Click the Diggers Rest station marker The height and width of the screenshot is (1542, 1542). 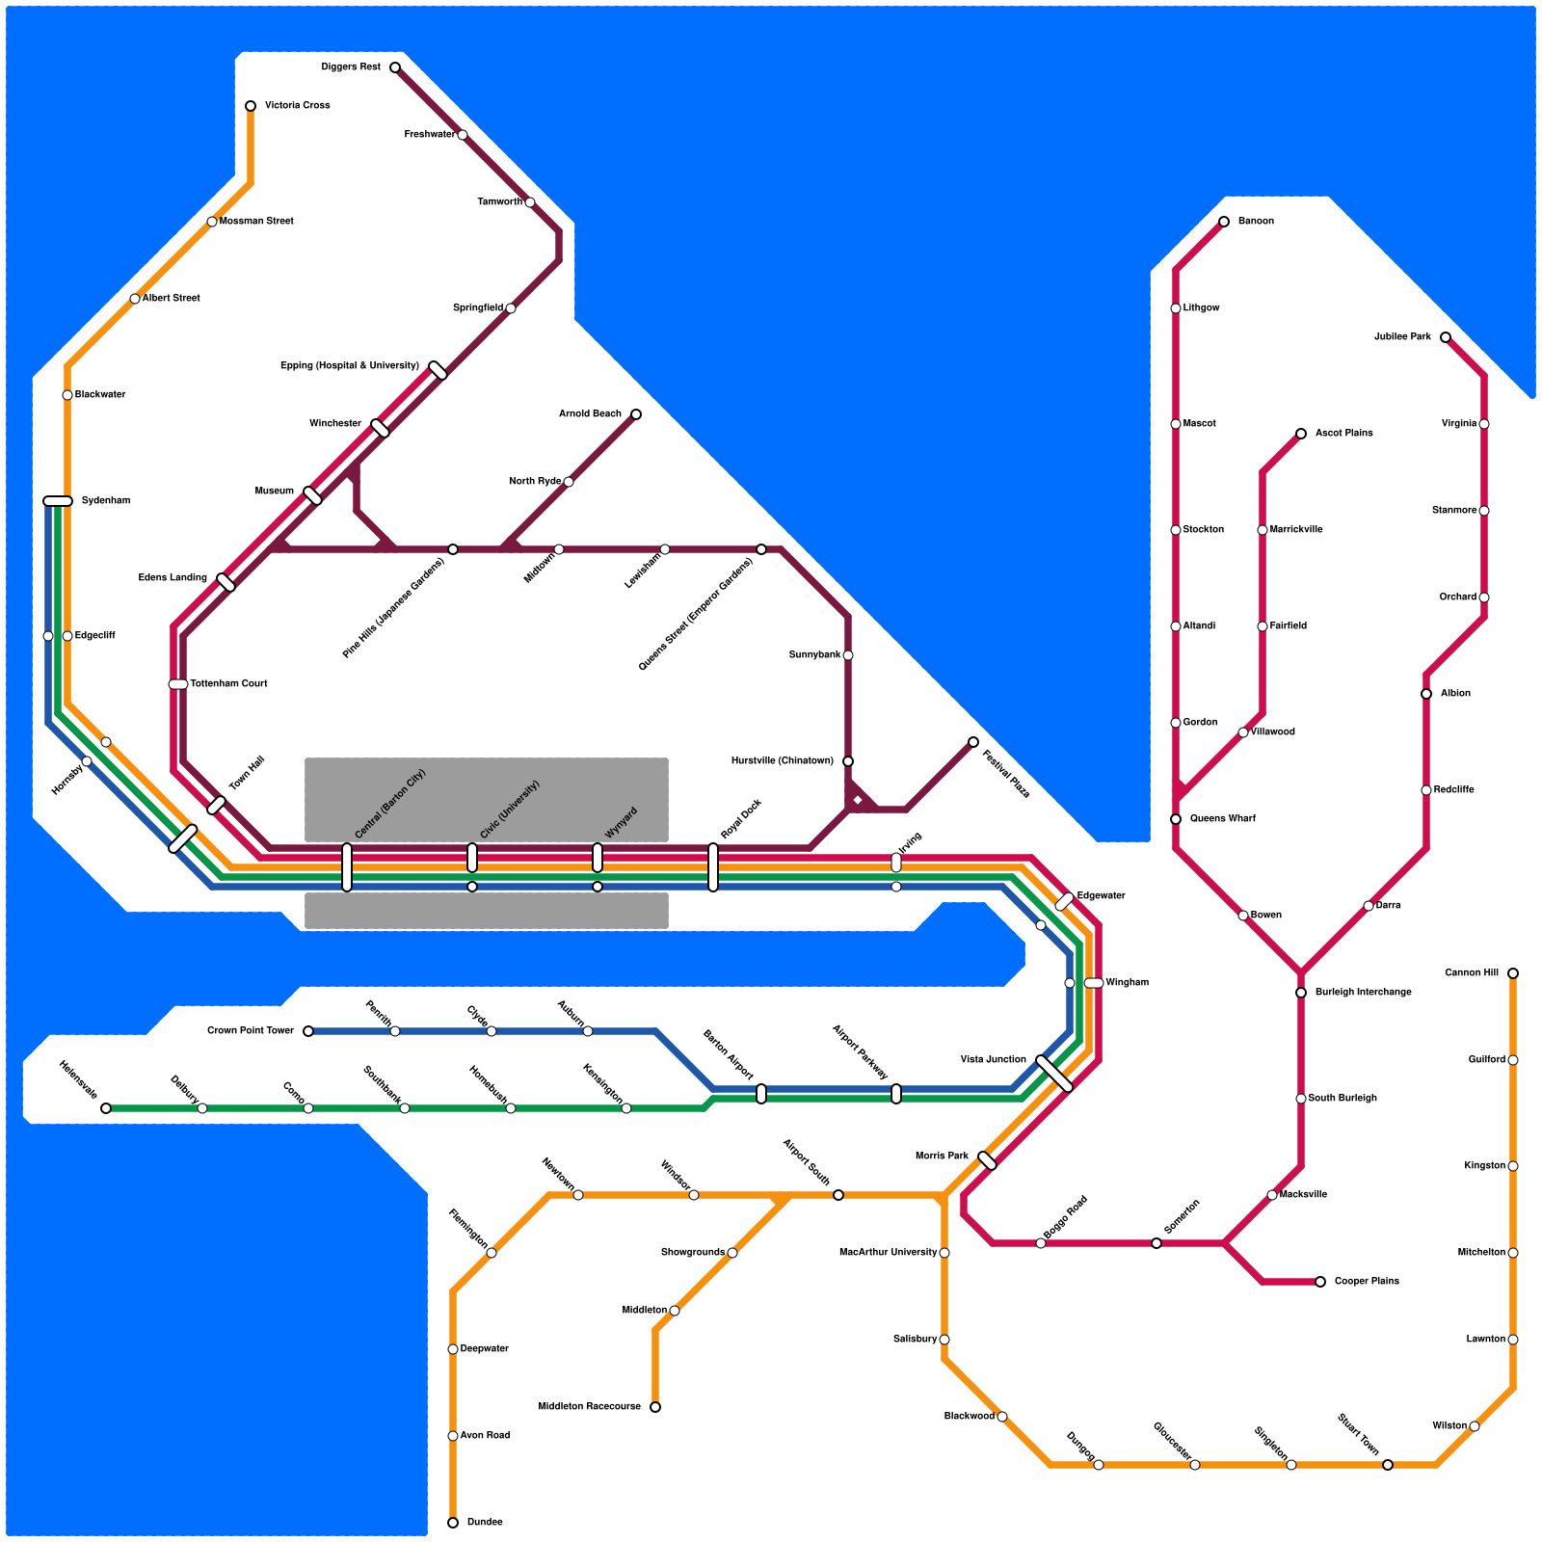click(x=395, y=67)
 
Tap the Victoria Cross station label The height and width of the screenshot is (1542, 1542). click(x=297, y=106)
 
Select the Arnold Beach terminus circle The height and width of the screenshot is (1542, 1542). click(x=636, y=414)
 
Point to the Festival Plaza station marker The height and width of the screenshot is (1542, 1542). click(x=973, y=742)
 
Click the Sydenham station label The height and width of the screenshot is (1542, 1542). click(x=105, y=501)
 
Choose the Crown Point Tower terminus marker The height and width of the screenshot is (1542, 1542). click(x=308, y=1031)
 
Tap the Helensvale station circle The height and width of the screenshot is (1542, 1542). click(x=106, y=1108)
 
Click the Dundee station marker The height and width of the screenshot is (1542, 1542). click(x=453, y=1523)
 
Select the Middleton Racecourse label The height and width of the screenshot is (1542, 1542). click(x=589, y=1407)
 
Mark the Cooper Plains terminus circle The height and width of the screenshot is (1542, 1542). click(x=1320, y=1282)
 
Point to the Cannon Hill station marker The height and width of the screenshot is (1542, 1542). click(x=1513, y=973)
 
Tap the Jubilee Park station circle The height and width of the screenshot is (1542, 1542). click(x=1446, y=337)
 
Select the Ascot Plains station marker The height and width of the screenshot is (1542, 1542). click(x=1301, y=434)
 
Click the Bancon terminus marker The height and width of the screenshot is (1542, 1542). click(x=1224, y=222)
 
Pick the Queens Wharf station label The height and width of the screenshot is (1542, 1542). click(x=1222, y=819)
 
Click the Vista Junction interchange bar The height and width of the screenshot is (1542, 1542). click(x=1054, y=1074)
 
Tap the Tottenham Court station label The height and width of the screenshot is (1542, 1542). click(x=228, y=684)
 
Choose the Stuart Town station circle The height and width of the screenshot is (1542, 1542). click(x=1388, y=1465)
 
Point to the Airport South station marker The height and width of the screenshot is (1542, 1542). click(x=838, y=1195)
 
